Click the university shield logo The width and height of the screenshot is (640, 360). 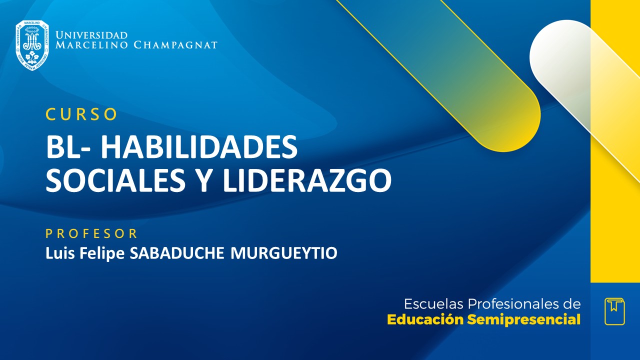[x=32, y=45]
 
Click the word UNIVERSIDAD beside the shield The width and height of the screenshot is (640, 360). [x=91, y=35]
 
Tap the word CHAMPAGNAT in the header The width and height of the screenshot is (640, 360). [x=175, y=45]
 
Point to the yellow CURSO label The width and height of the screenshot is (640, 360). [x=81, y=114]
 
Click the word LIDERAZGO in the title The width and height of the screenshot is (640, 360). [x=307, y=180]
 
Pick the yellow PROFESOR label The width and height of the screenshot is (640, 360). [x=91, y=233]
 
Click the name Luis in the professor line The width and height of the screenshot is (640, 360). [x=59, y=253]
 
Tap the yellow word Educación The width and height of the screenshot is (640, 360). [x=425, y=319]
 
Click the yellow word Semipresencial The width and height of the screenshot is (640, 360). [x=523, y=319]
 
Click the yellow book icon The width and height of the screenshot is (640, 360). [x=614, y=311]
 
